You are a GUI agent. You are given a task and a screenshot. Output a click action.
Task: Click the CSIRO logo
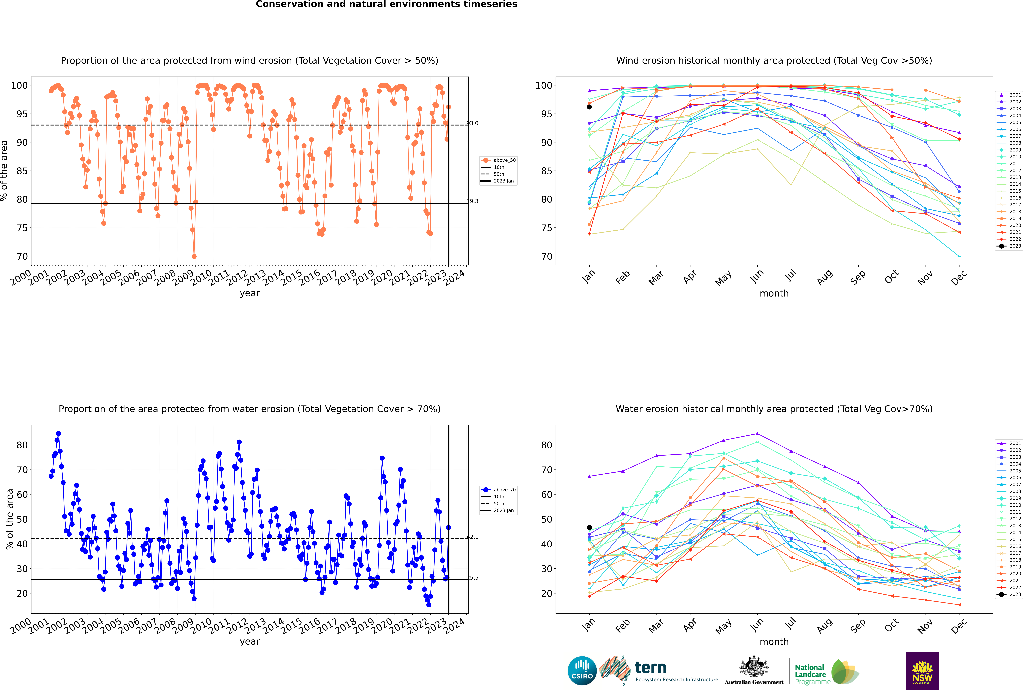[582, 671]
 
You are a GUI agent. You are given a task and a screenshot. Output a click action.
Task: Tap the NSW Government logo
[922, 671]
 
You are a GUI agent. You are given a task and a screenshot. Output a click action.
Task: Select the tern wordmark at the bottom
[650, 668]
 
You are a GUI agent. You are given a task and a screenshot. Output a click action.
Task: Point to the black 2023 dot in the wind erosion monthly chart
[589, 107]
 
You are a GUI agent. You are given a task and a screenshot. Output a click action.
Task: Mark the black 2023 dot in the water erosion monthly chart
[589, 528]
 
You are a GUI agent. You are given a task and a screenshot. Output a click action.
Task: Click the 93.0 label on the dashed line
[472, 123]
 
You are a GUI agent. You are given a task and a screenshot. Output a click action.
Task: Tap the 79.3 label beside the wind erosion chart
[472, 201]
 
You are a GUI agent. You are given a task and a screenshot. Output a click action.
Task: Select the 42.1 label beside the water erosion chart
[472, 537]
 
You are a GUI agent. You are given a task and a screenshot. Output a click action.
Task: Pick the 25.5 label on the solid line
[472, 578]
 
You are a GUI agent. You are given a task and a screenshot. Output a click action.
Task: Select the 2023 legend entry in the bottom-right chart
[1009, 595]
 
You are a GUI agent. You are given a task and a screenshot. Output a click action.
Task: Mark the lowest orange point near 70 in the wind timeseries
[194, 257]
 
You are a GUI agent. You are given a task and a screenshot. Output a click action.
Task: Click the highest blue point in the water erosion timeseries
[59, 434]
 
